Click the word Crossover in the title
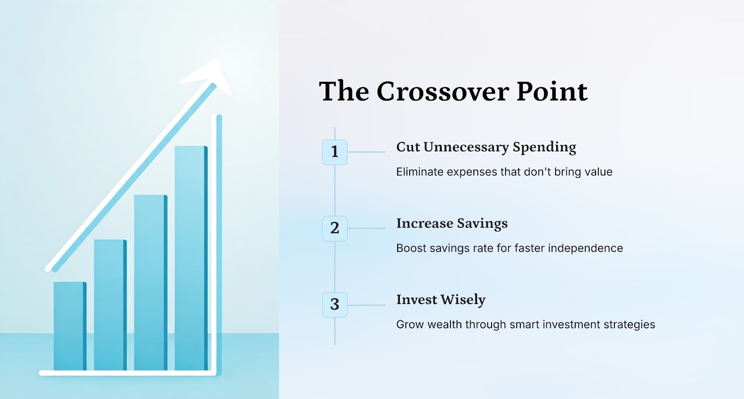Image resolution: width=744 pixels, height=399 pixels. (443, 91)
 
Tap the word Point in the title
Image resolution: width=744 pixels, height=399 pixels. (552, 91)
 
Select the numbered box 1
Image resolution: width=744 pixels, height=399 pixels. (335, 152)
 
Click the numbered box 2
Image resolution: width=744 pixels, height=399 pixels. (335, 229)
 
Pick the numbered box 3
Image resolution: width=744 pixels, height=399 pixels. (335, 305)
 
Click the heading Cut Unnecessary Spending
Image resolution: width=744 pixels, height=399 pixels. (486, 148)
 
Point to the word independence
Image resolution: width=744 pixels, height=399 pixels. (585, 248)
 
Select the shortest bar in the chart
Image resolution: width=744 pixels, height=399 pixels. (70, 326)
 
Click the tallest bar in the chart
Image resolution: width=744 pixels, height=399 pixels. (191, 258)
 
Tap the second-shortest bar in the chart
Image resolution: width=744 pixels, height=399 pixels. (110, 305)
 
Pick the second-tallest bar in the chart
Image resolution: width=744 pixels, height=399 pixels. (151, 283)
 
